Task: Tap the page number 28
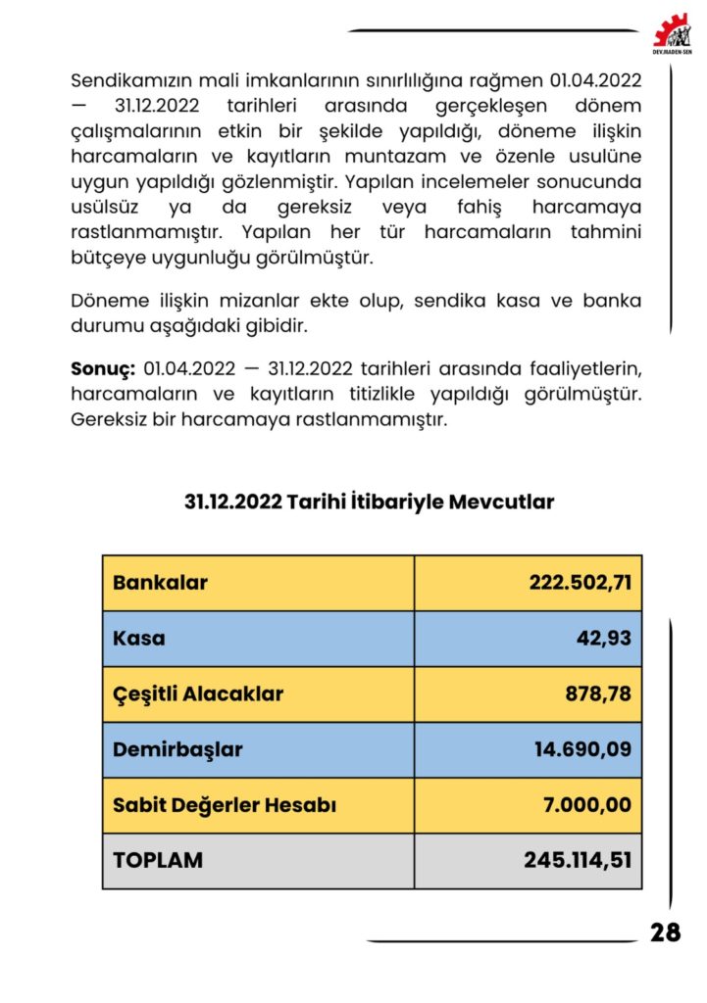pos(665,932)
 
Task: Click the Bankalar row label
pos(160,583)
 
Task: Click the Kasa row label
pos(139,639)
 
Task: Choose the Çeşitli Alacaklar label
pos(198,694)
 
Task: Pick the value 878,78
pos(597,694)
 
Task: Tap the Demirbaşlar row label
pos(177,750)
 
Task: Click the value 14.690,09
pos(582,750)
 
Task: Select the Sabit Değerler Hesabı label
pos(225,805)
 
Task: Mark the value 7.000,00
pos(586,805)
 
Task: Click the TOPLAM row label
pos(158,860)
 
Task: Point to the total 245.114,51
pos(577,860)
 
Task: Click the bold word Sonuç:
pos(102,369)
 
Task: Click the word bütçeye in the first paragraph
pos(107,259)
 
